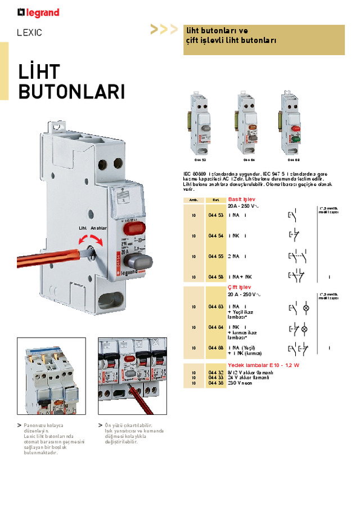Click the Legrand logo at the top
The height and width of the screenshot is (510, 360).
pos(38,12)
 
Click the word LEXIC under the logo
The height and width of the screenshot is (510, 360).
pos(29,33)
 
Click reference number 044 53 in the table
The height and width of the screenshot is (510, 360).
pos(216,215)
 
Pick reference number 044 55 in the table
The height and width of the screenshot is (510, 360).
pos(216,256)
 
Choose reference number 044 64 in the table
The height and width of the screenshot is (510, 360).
pos(216,327)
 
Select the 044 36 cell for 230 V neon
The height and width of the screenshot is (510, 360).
pos(216,383)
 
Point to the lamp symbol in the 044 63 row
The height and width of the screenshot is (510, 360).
pos(306,308)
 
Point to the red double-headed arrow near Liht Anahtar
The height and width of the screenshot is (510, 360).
pos(91,241)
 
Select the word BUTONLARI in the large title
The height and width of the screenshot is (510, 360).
pos(71,92)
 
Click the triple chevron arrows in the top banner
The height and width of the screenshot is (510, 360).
pos(164,30)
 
